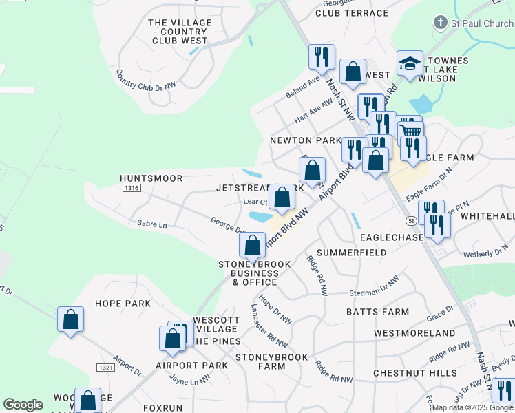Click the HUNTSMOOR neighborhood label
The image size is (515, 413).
click(151, 178)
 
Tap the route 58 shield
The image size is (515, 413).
click(410, 220)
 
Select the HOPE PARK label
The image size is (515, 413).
click(123, 304)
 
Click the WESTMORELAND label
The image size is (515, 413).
click(414, 333)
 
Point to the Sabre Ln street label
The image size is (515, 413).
click(152, 224)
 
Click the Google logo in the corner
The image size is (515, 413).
click(23, 405)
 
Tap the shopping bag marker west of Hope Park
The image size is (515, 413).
click(70, 319)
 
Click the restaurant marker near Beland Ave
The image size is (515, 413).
click(321, 56)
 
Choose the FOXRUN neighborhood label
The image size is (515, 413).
click(162, 407)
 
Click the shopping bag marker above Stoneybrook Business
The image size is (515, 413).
click(253, 244)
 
